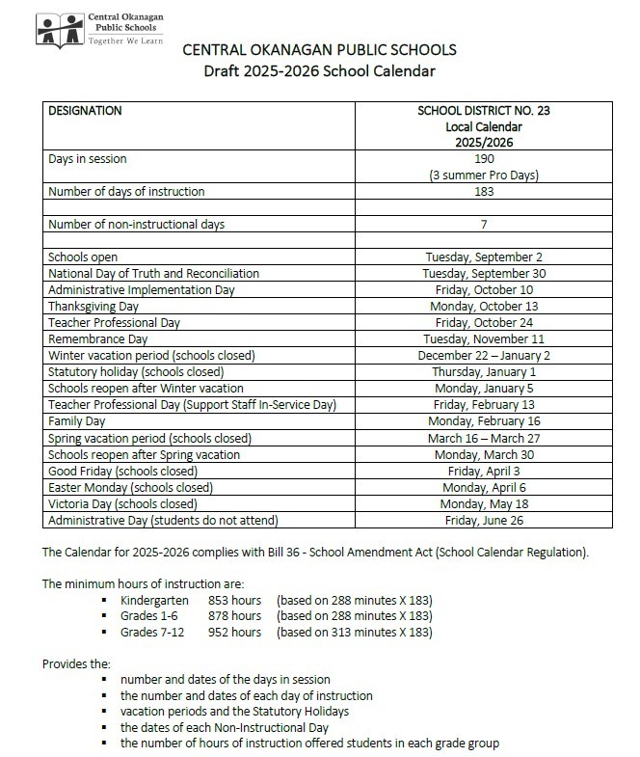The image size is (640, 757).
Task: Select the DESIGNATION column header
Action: pos(85,111)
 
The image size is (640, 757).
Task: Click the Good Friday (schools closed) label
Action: pos(122,471)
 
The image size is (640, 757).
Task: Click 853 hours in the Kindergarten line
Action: pos(234,599)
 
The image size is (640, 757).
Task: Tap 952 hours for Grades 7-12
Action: pos(234,632)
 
